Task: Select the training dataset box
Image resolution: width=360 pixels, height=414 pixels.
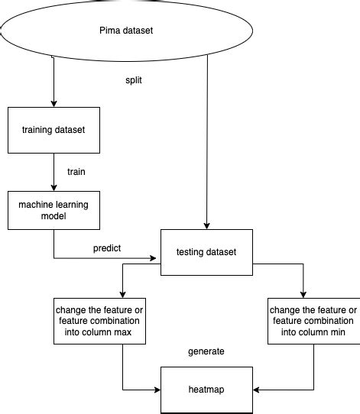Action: point(54,129)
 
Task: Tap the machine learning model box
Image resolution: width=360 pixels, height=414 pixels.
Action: point(54,210)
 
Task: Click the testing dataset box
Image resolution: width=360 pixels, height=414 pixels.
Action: point(206,252)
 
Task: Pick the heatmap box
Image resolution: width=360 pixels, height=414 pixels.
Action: point(206,390)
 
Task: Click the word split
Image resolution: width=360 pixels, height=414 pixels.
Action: point(135,79)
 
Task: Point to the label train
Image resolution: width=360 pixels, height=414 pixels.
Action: point(76,172)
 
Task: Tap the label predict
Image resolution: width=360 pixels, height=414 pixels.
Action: point(107,248)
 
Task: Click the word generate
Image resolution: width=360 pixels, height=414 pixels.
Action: point(206,351)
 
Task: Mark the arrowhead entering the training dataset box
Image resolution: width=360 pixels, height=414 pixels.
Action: point(54,103)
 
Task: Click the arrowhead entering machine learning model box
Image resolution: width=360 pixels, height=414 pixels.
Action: point(54,186)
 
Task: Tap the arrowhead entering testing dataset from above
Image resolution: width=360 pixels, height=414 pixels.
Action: point(207,224)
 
